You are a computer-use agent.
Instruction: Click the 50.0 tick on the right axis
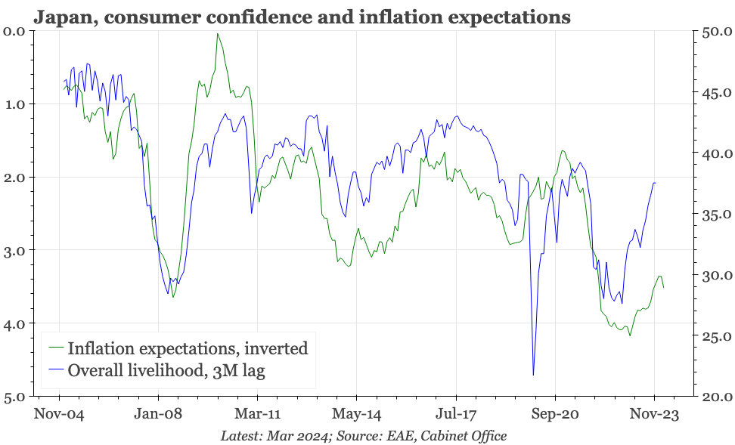pos(716,32)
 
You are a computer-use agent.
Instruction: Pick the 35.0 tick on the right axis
pos(716,215)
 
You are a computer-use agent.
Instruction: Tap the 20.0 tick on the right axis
pos(716,396)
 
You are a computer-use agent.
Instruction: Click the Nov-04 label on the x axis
pos(59,414)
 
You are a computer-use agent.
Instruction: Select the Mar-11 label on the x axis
pos(257,414)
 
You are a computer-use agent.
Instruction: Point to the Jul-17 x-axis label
pos(456,414)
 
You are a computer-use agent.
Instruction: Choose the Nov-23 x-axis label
pos(655,414)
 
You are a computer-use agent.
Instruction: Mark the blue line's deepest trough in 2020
pos(533,375)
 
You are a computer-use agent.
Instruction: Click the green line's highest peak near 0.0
pos(218,34)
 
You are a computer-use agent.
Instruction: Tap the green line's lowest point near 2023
pos(629,335)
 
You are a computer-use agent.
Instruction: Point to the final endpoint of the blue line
pos(656,183)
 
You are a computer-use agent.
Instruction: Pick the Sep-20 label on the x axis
pos(555,414)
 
